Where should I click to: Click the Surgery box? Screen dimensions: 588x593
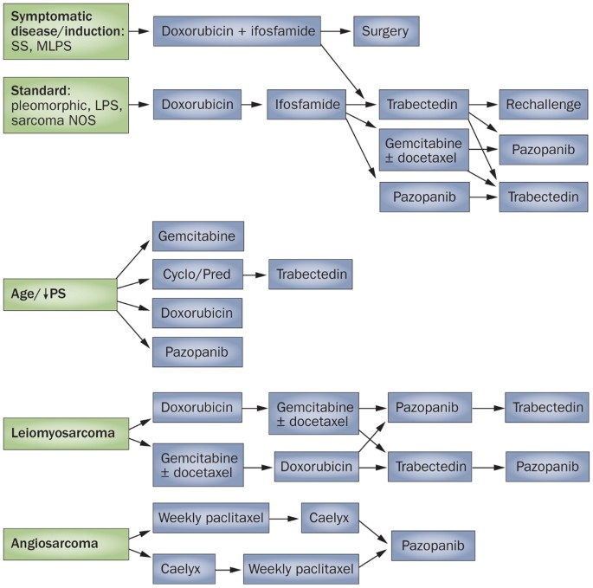(x=387, y=32)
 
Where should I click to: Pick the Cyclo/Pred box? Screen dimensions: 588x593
(x=197, y=274)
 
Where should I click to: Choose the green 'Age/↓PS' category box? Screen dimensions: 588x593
(x=58, y=293)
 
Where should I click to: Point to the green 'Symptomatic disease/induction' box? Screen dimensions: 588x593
(x=65, y=31)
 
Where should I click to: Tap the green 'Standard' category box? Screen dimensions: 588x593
(x=65, y=105)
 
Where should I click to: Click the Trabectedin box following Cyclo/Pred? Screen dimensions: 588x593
(x=311, y=274)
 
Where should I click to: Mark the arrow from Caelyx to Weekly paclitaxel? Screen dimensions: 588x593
(x=228, y=571)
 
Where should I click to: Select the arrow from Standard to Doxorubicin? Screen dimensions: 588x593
(x=140, y=105)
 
